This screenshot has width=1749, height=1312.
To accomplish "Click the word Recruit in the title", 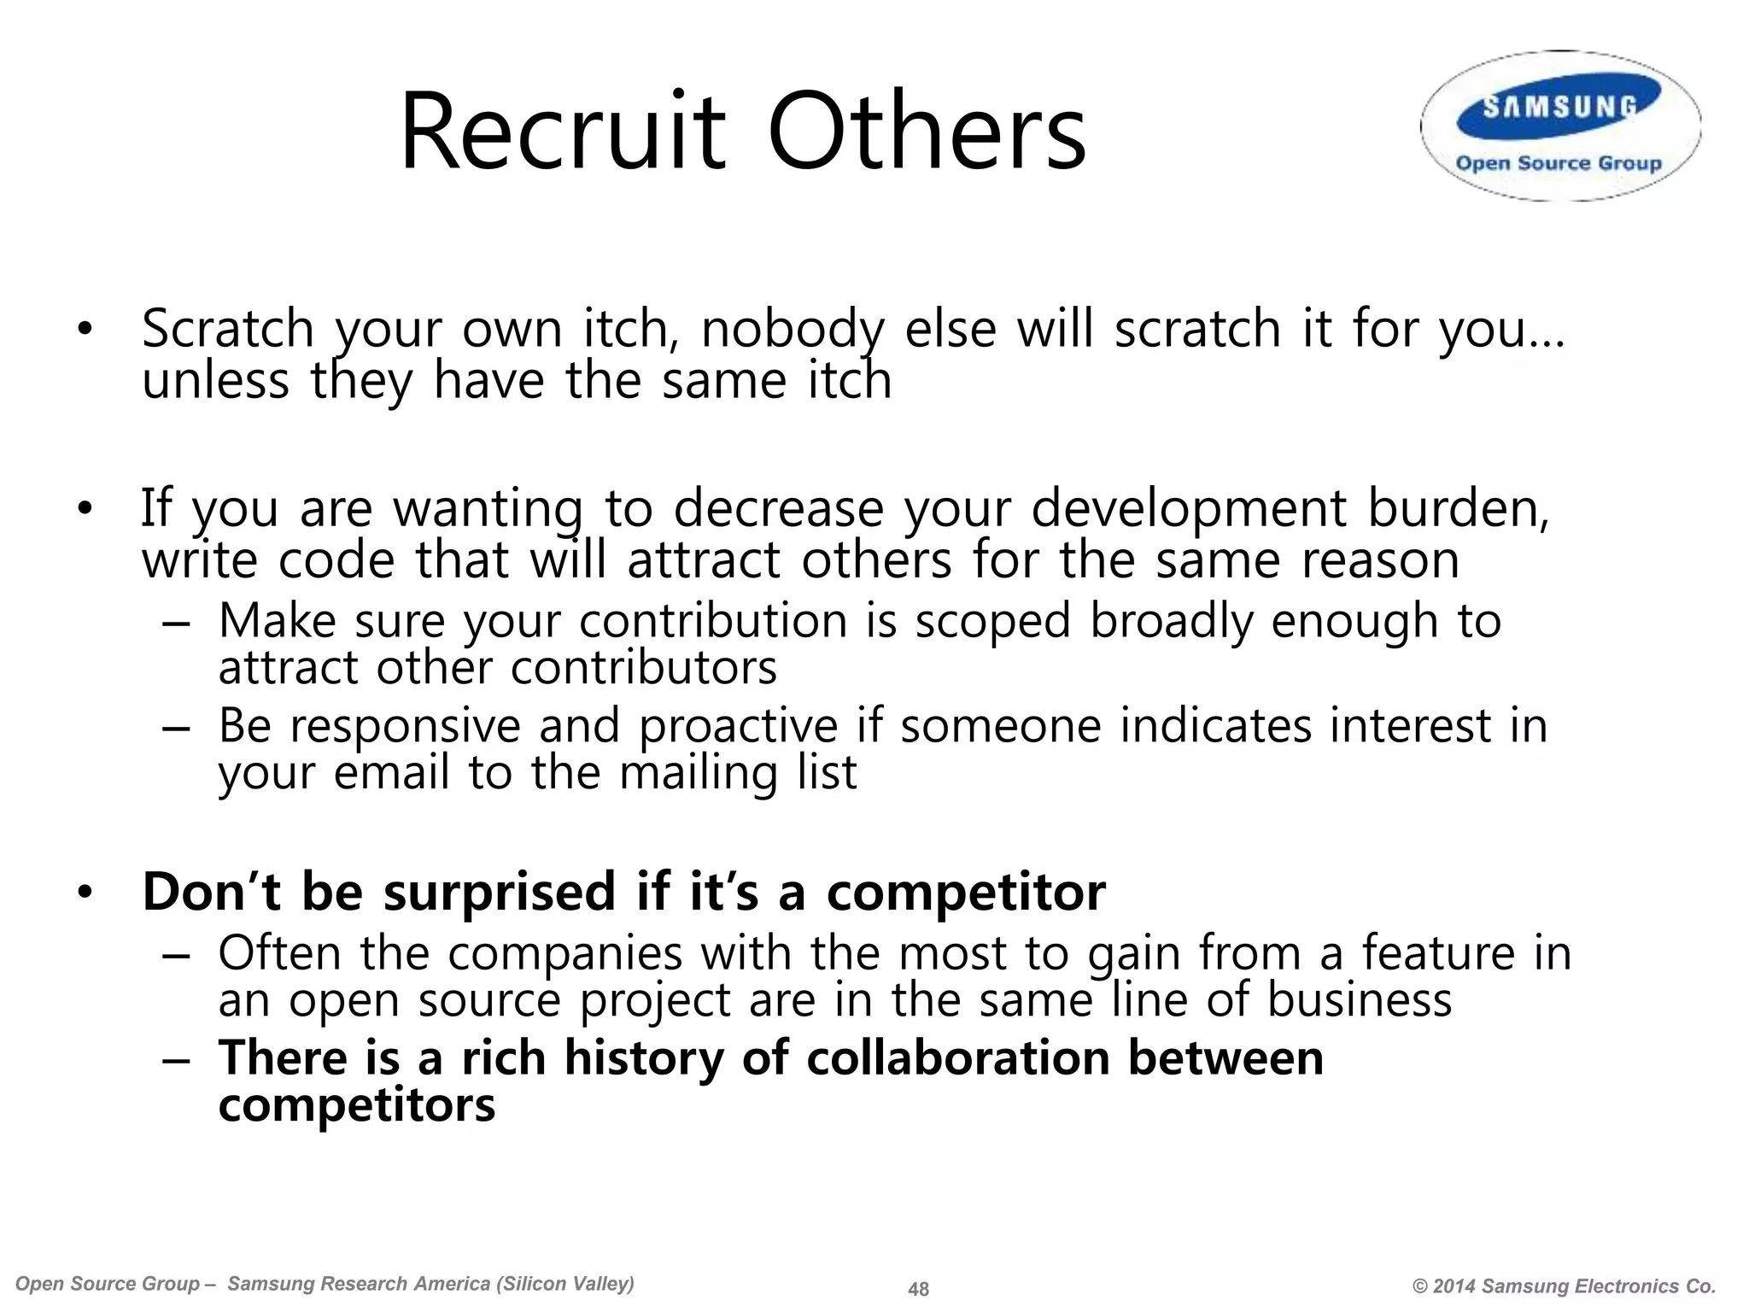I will [x=562, y=133].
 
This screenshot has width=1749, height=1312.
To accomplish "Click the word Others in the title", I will [x=927, y=133].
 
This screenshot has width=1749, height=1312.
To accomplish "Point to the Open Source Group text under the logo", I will [x=1559, y=163].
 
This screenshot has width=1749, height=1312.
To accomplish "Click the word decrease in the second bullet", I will [x=778, y=509].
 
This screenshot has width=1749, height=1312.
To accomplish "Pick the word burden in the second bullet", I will [x=1457, y=509].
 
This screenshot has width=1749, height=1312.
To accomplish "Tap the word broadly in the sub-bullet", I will [x=1170, y=621].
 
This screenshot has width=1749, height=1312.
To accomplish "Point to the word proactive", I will [x=739, y=726].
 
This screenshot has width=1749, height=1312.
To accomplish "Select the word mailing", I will [x=698, y=773].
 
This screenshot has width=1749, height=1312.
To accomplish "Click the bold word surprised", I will [x=499, y=892].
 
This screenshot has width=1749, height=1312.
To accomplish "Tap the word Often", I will [x=279, y=953].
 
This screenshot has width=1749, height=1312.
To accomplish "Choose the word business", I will [x=1359, y=1000].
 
